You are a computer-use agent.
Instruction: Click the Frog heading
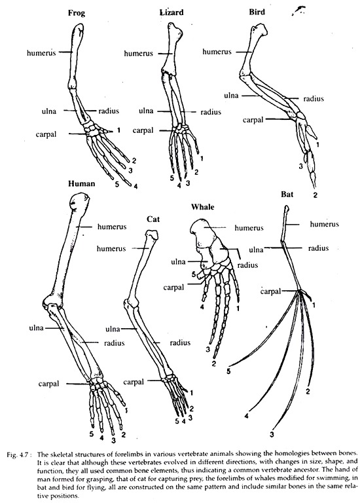[x=77, y=14]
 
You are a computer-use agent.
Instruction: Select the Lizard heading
[x=171, y=12]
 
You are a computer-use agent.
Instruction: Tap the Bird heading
[x=257, y=12]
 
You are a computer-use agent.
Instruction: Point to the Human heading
[x=82, y=183]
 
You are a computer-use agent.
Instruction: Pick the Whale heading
[x=203, y=206]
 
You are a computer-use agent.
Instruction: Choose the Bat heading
[x=287, y=194]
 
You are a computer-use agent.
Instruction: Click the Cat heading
[x=153, y=219]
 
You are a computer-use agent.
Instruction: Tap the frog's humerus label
[x=41, y=52]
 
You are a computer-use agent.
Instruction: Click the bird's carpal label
[x=253, y=120]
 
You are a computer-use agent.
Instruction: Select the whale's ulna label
[x=178, y=262]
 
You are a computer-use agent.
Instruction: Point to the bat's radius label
[x=318, y=248]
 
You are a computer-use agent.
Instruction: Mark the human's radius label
[x=114, y=343]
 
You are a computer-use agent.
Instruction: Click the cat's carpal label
[x=134, y=382]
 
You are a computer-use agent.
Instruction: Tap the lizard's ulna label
[x=146, y=111]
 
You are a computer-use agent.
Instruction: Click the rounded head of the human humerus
[x=79, y=202]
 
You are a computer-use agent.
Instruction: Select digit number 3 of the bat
[x=272, y=435]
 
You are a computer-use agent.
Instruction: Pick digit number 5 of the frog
[x=117, y=185]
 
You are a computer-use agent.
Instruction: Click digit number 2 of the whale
[x=214, y=363]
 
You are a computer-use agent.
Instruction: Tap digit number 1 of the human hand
[x=126, y=410]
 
